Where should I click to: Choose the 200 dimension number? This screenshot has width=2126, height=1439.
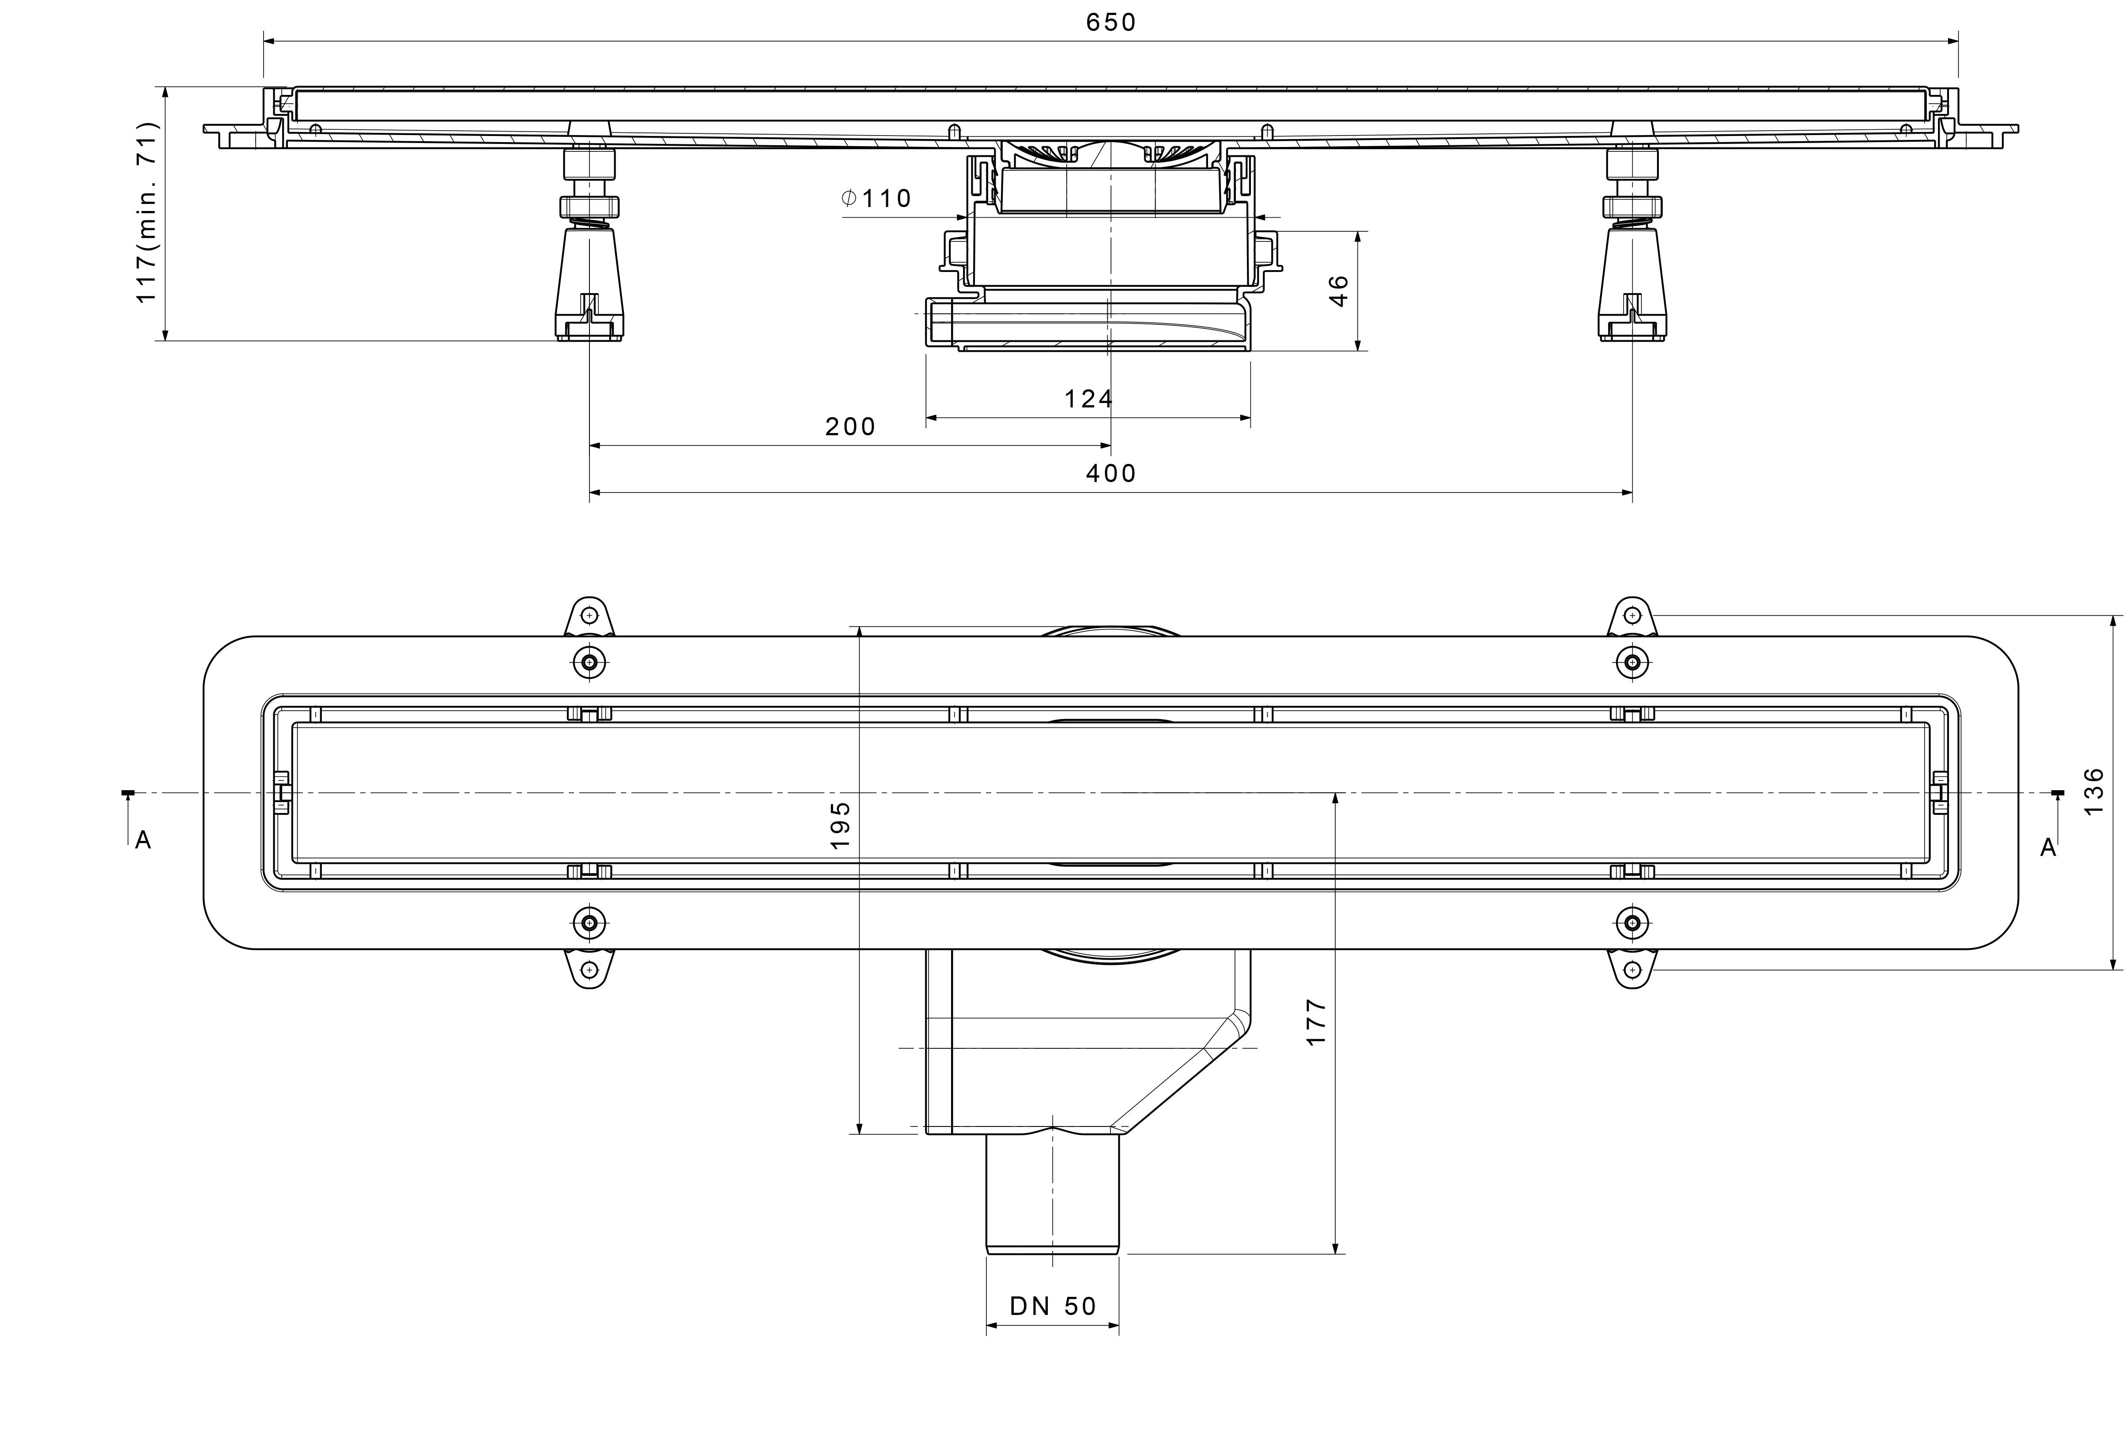click(851, 426)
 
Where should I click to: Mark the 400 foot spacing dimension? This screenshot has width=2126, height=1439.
click(1110, 473)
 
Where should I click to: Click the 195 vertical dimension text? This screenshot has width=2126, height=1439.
click(841, 825)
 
